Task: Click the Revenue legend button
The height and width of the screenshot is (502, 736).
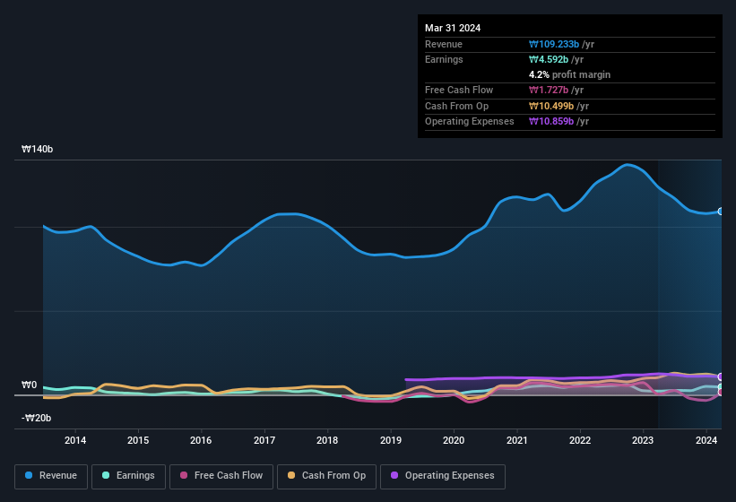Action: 52,476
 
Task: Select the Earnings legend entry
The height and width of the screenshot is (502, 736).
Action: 128,476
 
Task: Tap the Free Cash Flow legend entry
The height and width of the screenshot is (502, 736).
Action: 221,476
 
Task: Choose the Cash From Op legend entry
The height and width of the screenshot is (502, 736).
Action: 325,476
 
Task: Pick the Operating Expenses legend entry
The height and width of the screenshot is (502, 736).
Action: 442,476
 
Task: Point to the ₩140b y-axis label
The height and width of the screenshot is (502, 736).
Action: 38,150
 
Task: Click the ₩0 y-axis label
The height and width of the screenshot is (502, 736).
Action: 30,385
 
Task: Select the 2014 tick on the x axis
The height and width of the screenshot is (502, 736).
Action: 75,440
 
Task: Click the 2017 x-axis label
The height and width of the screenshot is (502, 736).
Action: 264,440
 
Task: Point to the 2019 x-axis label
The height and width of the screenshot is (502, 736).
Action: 391,440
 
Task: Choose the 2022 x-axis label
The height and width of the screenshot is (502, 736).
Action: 580,440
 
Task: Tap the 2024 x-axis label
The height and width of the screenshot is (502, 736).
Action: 706,440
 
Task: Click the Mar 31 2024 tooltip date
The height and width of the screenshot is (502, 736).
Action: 453,28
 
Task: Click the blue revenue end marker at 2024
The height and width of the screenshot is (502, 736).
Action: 720,212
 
